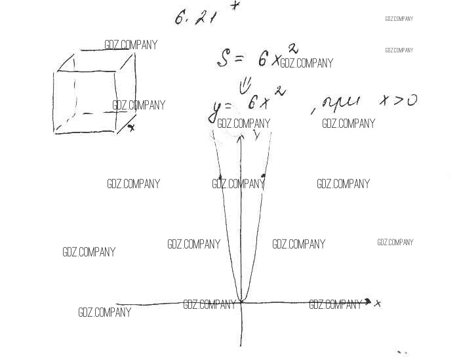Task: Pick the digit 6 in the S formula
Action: click(x=262, y=60)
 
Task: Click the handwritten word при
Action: click(x=342, y=103)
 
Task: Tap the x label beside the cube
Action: click(x=131, y=127)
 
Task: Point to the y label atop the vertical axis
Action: click(x=256, y=134)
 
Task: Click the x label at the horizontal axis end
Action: click(x=378, y=303)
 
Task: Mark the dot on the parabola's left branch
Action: click(x=220, y=177)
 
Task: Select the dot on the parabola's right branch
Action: click(x=263, y=176)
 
